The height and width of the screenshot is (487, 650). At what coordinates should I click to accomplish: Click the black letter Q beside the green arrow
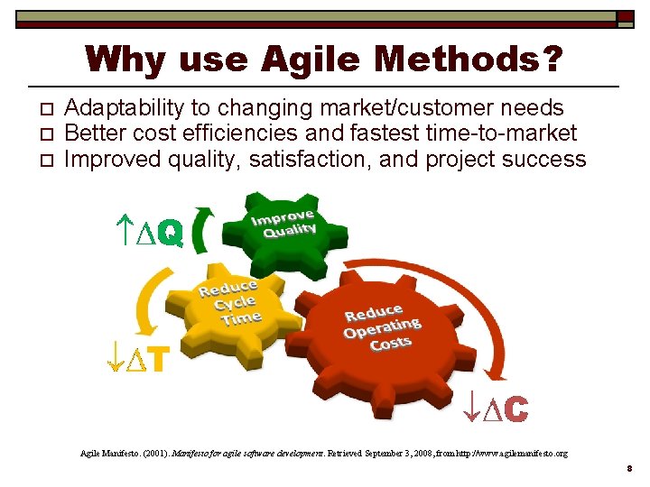(x=169, y=234)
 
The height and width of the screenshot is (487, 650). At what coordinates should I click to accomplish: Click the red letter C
(x=515, y=409)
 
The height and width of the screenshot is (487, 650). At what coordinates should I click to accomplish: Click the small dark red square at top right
(x=625, y=17)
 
